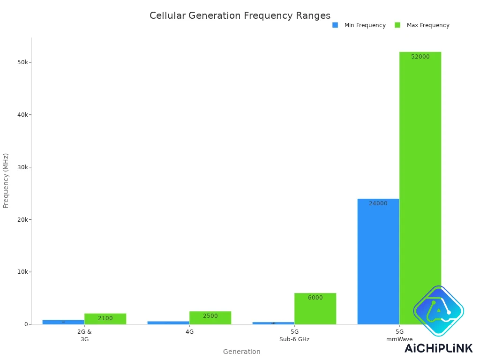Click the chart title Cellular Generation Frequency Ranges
point(240,15)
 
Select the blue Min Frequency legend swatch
point(335,25)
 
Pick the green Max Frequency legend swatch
point(397,25)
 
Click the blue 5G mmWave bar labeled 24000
point(378,262)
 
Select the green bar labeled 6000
point(315,309)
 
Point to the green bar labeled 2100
point(105,319)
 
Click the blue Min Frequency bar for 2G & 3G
point(63,322)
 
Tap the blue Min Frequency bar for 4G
point(168,322)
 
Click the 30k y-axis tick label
point(22,167)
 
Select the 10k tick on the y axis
point(22,272)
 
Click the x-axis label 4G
point(189,331)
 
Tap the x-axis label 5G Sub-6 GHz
point(294,335)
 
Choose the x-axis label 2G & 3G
point(84,335)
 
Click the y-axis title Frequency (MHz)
point(6,180)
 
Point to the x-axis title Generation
point(241,352)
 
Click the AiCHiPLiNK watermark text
point(438,348)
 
